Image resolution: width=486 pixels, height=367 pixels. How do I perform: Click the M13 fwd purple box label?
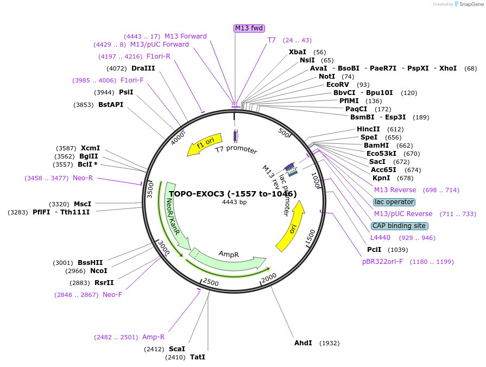[249, 28]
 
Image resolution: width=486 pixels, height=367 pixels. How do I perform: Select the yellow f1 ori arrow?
[205, 145]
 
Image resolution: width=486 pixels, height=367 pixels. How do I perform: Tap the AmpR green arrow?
[228, 258]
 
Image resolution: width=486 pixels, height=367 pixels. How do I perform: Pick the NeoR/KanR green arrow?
[173, 212]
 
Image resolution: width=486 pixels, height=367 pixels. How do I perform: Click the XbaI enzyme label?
[297, 52]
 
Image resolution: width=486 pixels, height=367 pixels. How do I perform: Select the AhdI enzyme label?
[303, 343]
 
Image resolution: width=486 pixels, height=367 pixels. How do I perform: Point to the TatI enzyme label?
[198, 357]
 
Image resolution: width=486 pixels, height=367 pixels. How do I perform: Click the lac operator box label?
[394, 202]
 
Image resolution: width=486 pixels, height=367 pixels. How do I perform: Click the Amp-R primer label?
[154, 337]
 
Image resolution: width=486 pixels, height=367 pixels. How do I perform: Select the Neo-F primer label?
[112, 295]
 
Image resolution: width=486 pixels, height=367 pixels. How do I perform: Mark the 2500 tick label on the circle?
[211, 283]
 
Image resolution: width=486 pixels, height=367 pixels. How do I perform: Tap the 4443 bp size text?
[234, 203]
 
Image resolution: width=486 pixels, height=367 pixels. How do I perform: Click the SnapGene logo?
[468, 4]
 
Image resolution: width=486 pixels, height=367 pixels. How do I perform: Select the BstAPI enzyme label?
[111, 105]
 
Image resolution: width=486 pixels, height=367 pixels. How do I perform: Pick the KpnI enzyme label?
[381, 178]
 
